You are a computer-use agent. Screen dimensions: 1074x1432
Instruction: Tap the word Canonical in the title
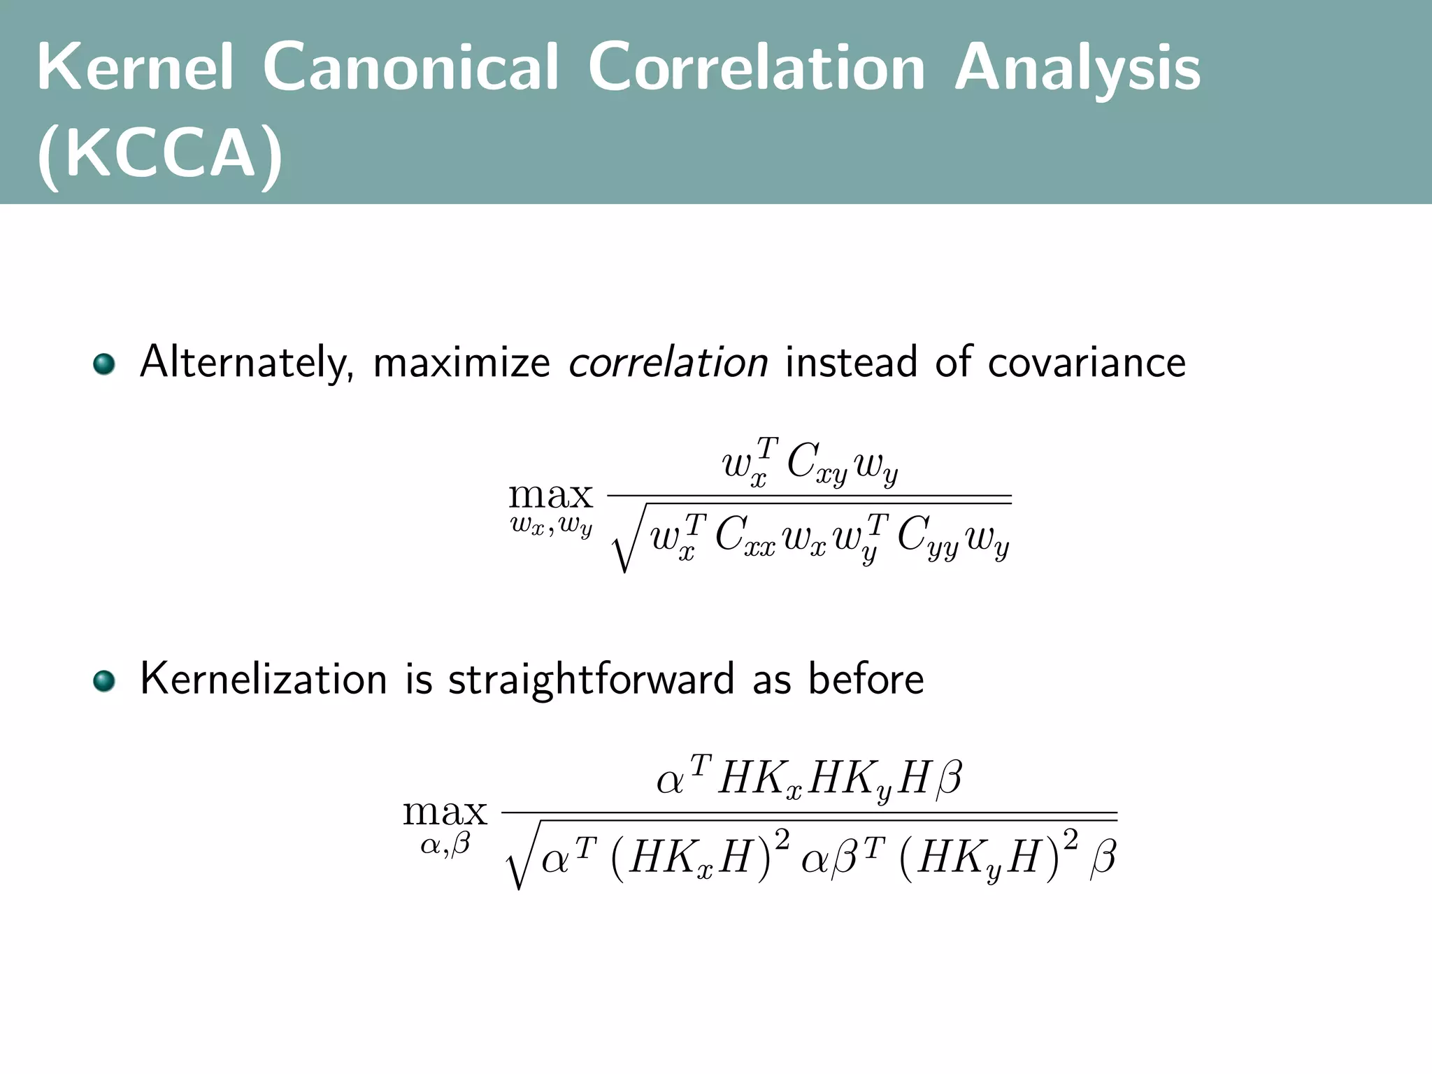(411, 68)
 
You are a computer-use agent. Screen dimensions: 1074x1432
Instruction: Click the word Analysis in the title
(1077, 68)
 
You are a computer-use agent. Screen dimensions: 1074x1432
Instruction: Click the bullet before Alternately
(104, 364)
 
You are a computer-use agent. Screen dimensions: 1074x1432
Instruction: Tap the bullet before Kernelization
(104, 680)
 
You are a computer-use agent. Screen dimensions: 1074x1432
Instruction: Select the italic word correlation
(668, 363)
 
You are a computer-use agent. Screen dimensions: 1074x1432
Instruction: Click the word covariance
(1087, 363)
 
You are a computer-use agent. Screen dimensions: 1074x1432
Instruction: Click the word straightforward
(591, 680)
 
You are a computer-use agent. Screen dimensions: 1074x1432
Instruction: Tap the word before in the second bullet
(866, 678)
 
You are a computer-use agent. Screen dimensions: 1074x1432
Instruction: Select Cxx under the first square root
(745, 538)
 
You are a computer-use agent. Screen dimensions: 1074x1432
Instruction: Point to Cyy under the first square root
(927, 538)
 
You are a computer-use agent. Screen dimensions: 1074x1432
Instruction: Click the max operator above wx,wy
(550, 496)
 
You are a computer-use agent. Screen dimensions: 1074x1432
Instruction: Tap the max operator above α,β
(445, 812)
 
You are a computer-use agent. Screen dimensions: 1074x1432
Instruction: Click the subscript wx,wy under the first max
(551, 526)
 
